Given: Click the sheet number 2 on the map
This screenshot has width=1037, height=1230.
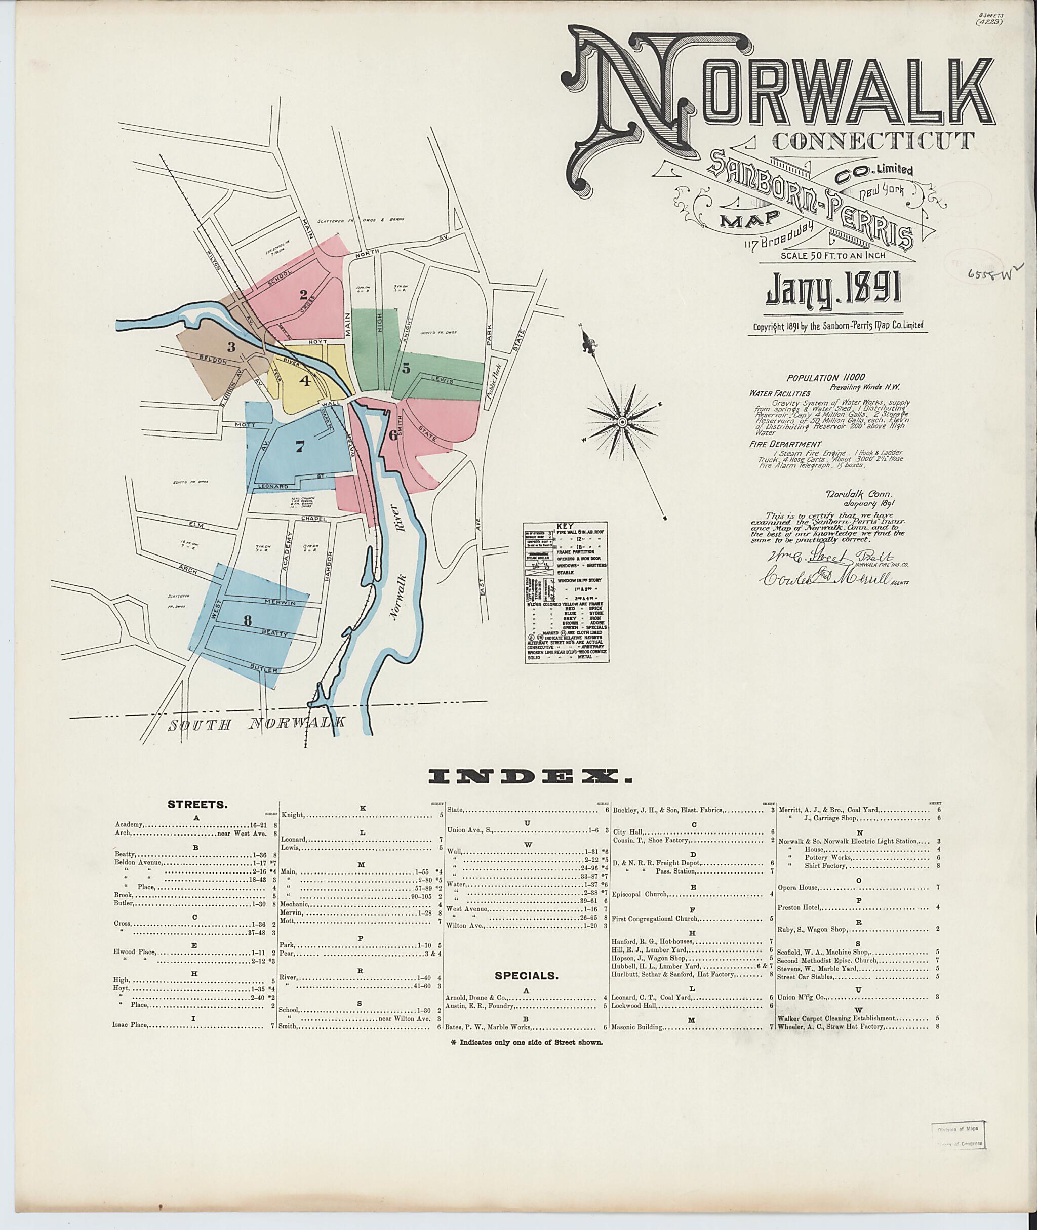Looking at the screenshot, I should coord(303,295).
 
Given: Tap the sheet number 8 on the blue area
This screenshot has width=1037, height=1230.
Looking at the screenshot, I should coord(247,620).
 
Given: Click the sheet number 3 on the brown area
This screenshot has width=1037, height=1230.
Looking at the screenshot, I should coord(231,347).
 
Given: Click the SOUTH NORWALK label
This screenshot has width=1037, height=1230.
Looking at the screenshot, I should coord(256,724).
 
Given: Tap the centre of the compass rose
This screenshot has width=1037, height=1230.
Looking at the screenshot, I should coord(621,422).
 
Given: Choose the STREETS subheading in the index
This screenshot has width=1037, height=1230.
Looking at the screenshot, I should coord(197,804).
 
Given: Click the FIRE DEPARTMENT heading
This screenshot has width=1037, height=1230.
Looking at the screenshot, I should coord(785,445).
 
